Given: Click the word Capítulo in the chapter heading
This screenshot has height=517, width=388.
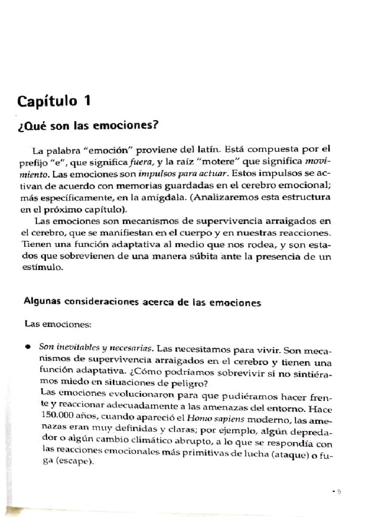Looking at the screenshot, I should click(46, 101).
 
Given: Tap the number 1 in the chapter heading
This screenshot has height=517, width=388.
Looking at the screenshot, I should click(87, 101).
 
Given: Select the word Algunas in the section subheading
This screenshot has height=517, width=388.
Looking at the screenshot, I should click(41, 302).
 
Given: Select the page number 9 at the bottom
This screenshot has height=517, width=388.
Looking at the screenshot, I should click(340, 490).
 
